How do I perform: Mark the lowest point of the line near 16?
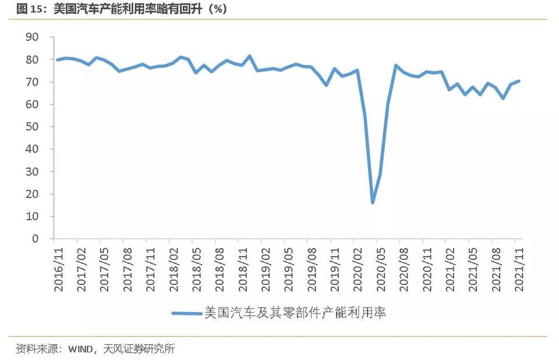click(x=373, y=202)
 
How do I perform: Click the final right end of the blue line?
click(x=519, y=81)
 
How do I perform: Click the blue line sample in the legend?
click(x=187, y=313)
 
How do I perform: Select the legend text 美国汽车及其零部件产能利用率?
click(x=295, y=313)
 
